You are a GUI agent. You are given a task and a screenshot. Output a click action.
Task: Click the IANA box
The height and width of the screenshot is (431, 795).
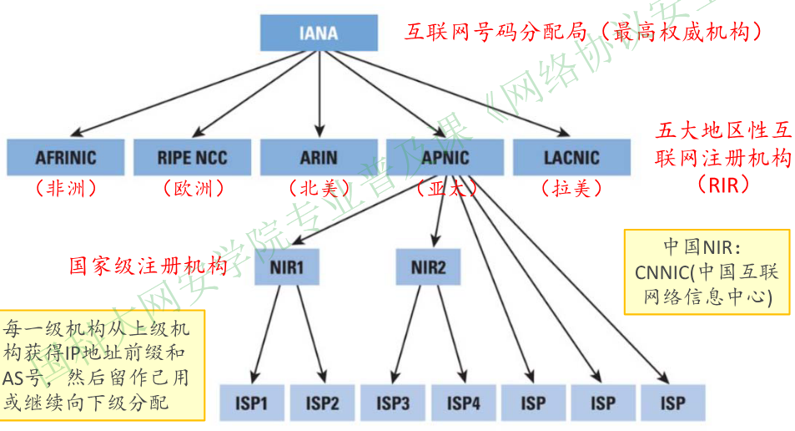click(x=318, y=33)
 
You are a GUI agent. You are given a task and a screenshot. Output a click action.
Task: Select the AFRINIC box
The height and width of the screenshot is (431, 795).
click(x=65, y=157)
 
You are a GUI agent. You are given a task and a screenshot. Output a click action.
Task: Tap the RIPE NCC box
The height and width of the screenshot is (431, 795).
click(x=192, y=157)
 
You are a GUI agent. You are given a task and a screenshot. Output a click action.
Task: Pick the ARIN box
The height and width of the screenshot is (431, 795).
click(x=319, y=157)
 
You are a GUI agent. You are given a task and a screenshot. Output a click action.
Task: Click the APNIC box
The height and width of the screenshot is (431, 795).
click(x=445, y=157)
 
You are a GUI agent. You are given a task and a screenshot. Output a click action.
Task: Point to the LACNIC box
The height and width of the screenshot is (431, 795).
click(x=571, y=157)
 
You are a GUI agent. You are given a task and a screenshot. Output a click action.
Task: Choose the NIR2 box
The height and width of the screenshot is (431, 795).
click(x=429, y=268)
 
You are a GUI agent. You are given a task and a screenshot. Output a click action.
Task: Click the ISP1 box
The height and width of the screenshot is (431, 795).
click(x=251, y=404)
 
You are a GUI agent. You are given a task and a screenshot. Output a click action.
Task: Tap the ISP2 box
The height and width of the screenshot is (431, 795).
click(x=322, y=404)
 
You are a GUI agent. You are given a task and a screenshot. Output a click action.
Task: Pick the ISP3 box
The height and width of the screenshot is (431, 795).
click(x=393, y=404)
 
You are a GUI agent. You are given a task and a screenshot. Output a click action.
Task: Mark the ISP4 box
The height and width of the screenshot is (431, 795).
click(x=464, y=404)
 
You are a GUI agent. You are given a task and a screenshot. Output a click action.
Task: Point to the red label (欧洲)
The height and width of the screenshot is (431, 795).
click(x=192, y=188)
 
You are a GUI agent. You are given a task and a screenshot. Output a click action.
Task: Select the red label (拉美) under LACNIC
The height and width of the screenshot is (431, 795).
click(x=571, y=188)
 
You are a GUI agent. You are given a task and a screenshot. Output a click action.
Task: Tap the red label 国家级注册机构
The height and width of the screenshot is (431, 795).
click(x=148, y=266)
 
